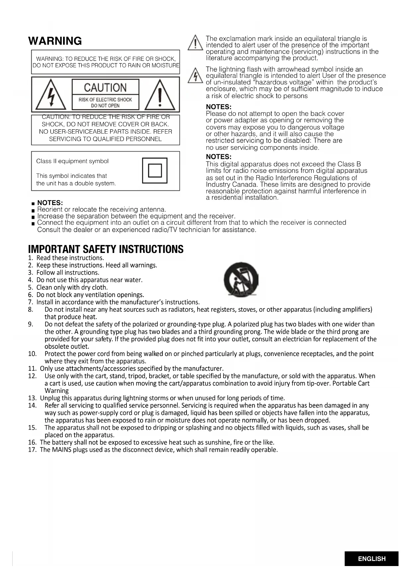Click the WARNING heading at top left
pos(55,41)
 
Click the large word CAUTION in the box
pos(105,87)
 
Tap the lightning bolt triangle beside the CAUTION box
pos(51,95)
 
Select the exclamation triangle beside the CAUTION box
pos(160,95)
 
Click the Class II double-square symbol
pos(155,171)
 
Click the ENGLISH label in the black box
pos(371,559)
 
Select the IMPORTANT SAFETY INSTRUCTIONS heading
pos(106,249)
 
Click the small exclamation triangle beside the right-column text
pos(195,43)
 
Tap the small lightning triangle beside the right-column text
pos(195,75)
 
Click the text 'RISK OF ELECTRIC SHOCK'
pos(105,99)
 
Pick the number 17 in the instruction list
pos(32,450)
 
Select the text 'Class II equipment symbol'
pos(72,161)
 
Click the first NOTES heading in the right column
pos(218,107)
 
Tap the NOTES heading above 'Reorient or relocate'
pos(50,203)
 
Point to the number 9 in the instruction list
pos(31,324)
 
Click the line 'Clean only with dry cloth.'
pos(72,287)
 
